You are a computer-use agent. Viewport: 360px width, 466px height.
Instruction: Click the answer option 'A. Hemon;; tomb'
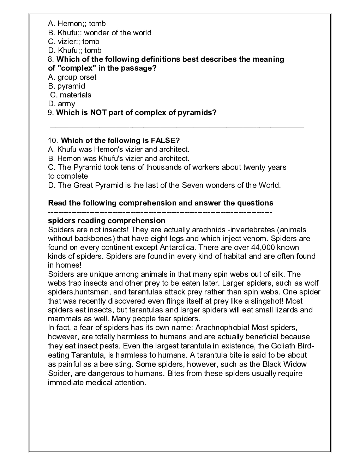pos(77,24)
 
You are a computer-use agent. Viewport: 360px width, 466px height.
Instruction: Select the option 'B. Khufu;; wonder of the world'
pos(100,33)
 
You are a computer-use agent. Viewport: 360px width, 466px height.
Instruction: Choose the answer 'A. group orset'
pos(72,77)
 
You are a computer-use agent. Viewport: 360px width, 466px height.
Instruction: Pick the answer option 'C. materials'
pos(71,95)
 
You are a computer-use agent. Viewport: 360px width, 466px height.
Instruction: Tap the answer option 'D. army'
pos(61,104)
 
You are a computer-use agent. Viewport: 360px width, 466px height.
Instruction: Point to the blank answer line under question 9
pos(176,127)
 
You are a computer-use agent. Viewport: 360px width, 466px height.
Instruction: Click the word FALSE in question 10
pos(167,141)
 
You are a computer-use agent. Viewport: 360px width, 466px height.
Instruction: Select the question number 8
pos(50,59)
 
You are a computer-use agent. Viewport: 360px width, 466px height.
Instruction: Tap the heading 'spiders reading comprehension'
pos(107,221)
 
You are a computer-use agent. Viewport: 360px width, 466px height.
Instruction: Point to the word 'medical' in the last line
pos(100,382)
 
